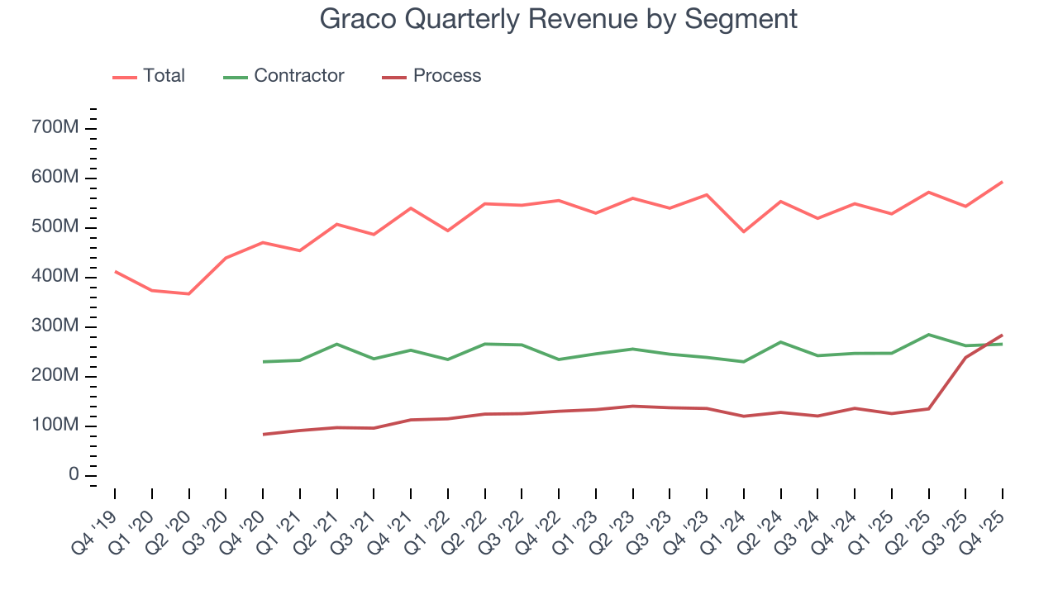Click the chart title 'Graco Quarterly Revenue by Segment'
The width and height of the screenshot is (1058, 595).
click(x=559, y=19)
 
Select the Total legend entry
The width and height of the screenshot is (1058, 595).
click(x=163, y=76)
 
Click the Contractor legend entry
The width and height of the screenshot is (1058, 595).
click(x=298, y=76)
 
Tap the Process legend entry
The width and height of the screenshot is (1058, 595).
click(x=446, y=76)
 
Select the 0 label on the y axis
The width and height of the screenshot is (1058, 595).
click(x=74, y=475)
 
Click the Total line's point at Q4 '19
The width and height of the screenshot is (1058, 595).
click(x=115, y=271)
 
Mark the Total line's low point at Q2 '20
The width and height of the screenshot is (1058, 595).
click(x=189, y=293)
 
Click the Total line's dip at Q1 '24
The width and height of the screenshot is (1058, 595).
click(x=744, y=231)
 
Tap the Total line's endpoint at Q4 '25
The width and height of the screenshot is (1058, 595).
click(x=1003, y=182)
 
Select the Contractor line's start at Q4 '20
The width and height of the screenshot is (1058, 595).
click(x=263, y=361)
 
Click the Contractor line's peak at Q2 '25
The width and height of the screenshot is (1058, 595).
click(x=928, y=335)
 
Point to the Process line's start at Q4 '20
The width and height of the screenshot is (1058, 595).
click(x=263, y=434)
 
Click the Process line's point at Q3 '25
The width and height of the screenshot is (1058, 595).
click(x=965, y=357)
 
